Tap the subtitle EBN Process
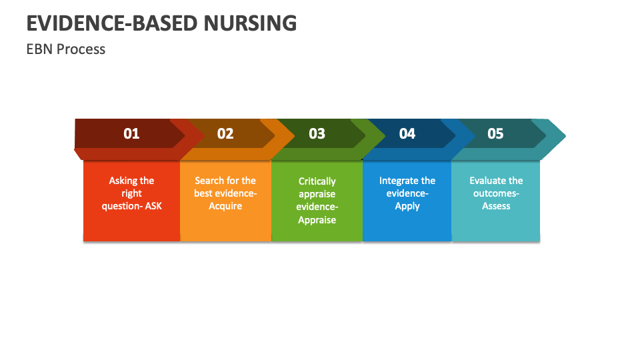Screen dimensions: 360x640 click(66, 49)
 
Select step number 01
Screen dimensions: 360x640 click(131, 133)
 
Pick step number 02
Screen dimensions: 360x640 click(225, 133)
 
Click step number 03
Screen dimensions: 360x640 click(317, 133)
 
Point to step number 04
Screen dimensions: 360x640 click(407, 133)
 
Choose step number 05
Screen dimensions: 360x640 click(495, 133)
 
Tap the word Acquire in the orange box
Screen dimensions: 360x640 click(225, 206)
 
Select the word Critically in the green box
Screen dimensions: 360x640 click(317, 181)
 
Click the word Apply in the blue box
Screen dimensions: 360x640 click(407, 206)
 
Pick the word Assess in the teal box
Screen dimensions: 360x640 click(496, 206)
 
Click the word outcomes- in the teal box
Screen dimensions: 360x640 click(496, 193)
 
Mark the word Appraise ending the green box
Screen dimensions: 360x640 click(317, 220)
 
